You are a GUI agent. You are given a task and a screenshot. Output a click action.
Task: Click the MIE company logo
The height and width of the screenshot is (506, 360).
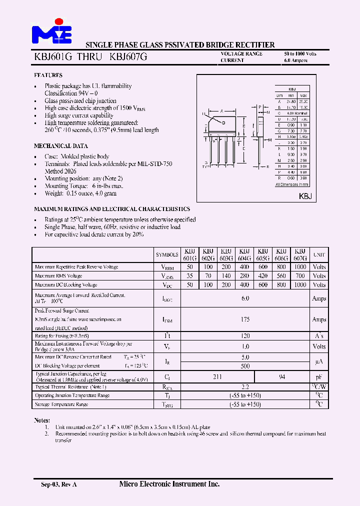coord(51,32)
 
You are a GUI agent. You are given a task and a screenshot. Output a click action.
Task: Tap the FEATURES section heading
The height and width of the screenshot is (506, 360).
coord(48,75)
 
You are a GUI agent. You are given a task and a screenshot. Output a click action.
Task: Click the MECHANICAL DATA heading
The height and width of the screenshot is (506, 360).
coord(60,146)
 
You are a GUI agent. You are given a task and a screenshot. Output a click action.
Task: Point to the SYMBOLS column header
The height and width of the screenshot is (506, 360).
coord(167,254)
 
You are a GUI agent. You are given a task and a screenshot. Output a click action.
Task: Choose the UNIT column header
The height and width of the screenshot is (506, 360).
coord(319,254)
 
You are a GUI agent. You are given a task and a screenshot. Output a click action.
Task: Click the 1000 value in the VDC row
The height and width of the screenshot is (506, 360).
coord(300,284)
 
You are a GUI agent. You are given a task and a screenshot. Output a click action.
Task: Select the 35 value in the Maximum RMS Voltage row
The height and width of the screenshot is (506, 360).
coord(189,275)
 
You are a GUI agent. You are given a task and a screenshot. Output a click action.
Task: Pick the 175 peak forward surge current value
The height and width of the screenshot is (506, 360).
coord(245,319)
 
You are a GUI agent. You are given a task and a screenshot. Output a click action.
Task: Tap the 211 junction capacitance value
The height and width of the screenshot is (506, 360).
coord(217,377)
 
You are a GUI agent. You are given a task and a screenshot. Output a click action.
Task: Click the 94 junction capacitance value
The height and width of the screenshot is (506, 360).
coord(281,377)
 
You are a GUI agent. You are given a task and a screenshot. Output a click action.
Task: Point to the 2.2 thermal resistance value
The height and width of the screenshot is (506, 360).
coord(245,386)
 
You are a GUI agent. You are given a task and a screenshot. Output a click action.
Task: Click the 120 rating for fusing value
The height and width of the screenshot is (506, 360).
coord(245,336)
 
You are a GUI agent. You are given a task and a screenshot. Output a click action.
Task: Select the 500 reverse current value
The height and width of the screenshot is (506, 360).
coord(245,365)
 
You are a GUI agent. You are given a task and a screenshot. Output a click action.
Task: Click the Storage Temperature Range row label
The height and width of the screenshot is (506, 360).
coord(61,404)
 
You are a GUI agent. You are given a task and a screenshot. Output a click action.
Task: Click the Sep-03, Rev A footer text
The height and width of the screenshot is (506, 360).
coord(58,484)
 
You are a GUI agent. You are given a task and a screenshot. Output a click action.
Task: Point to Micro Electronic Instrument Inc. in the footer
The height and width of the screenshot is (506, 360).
coord(169,484)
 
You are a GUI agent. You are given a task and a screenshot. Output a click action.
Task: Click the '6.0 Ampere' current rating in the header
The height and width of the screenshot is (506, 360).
coord(296,60)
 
